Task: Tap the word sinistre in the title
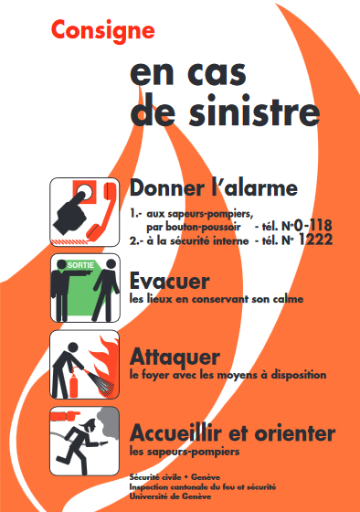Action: [254, 111]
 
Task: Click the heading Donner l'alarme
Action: [214, 188]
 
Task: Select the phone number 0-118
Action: [313, 226]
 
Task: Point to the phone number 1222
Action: [315, 240]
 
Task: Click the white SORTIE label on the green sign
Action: [80, 265]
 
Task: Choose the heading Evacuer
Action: [169, 282]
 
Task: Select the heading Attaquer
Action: [175, 357]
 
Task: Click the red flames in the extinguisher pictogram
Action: [105, 361]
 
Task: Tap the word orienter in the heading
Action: [295, 433]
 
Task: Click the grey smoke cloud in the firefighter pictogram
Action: [108, 422]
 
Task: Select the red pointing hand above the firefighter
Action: [66, 416]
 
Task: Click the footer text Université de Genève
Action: [170, 496]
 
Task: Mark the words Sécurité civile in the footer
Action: [155, 477]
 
